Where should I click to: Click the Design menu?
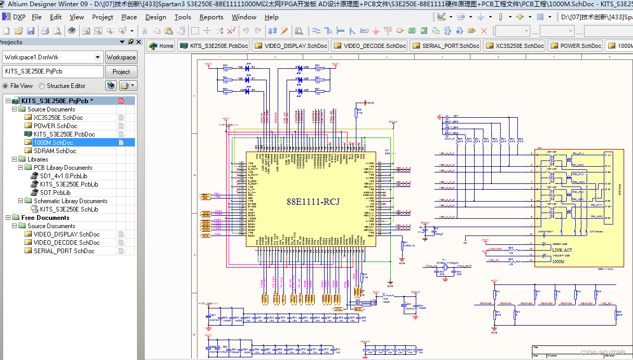pyautogui.click(x=155, y=17)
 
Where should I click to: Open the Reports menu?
pyautogui.click(x=211, y=17)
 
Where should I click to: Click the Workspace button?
pyautogui.click(x=121, y=57)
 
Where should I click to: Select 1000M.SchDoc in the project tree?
pyautogui.click(x=53, y=143)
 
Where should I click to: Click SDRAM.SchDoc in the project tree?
pyautogui.click(x=55, y=151)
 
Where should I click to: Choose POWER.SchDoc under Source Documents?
pyautogui.click(x=55, y=126)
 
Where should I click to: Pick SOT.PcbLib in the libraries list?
pyautogui.click(x=55, y=193)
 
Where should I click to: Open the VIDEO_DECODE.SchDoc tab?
pyautogui.click(x=369, y=46)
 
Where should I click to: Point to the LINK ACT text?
pyautogui.click(x=562, y=250)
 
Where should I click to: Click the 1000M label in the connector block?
pyautogui.click(x=558, y=262)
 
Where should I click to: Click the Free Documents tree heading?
pyautogui.click(x=45, y=218)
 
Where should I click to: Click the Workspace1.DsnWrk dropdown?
pyautogui.click(x=52, y=57)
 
